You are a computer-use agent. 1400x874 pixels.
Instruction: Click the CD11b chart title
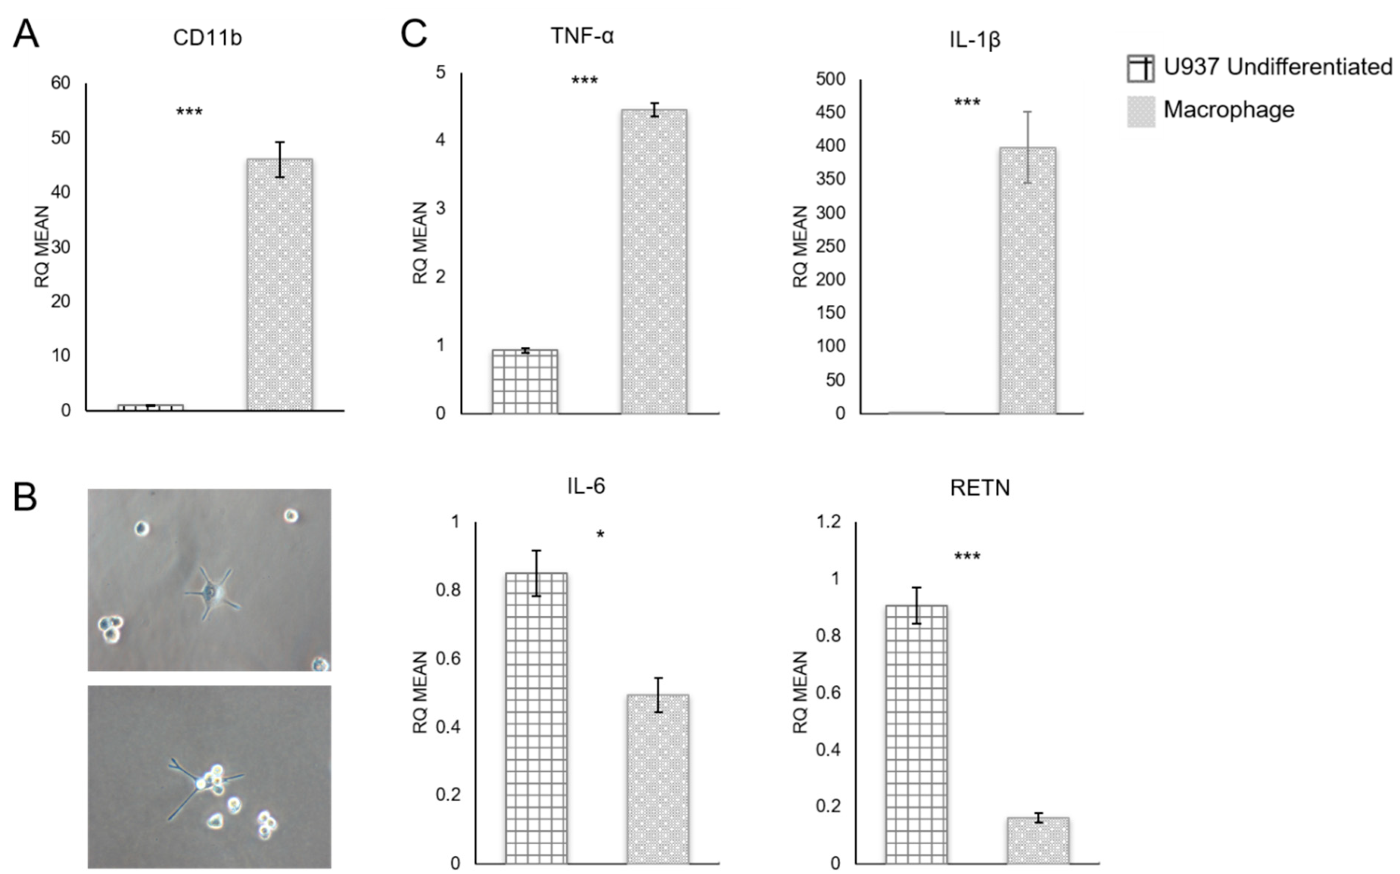point(207,38)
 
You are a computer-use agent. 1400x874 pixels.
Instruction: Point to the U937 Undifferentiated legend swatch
point(1140,69)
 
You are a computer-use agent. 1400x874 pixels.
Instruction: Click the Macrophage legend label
point(1228,110)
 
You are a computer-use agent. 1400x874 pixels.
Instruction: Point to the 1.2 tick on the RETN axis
point(827,522)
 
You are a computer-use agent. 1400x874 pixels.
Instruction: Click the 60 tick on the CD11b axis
point(60,83)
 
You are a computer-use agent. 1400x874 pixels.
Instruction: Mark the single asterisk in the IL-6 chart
point(600,535)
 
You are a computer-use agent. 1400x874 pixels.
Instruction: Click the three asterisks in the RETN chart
point(967,557)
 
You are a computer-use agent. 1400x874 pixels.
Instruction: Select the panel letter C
point(414,35)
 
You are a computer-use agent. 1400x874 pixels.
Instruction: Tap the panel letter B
point(25,497)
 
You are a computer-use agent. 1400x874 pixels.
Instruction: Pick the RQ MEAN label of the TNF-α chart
point(420,243)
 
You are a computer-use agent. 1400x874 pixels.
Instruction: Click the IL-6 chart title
point(586,487)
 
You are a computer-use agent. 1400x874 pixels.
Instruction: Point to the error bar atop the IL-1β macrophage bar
point(1027,147)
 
